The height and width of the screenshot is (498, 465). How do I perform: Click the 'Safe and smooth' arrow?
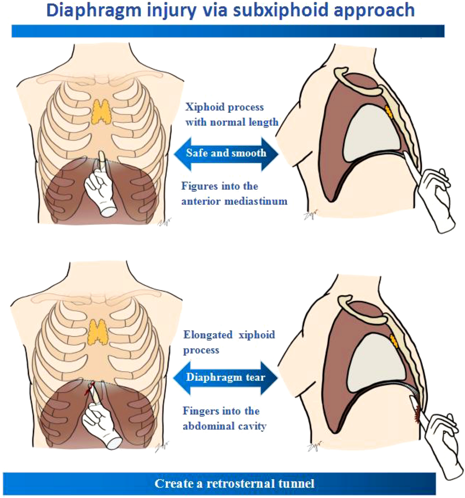[226, 153]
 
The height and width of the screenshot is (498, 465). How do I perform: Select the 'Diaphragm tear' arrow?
[226, 378]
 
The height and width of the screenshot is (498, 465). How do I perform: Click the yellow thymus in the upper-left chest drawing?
[102, 110]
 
